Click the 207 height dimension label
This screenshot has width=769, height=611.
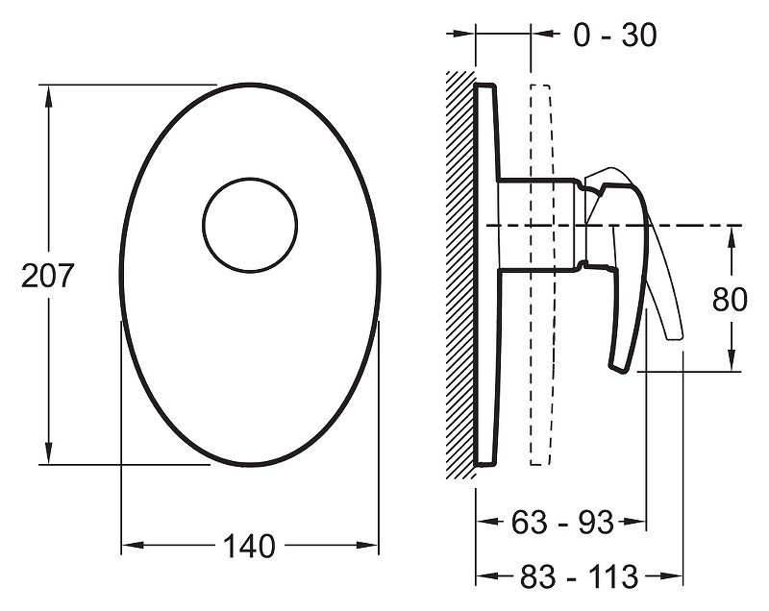(47, 276)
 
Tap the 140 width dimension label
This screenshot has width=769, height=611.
(249, 546)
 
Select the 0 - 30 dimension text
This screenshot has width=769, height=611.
(615, 36)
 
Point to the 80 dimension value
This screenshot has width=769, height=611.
(730, 300)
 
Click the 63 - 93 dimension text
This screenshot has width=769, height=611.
(562, 522)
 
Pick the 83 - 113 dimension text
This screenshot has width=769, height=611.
(580, 576)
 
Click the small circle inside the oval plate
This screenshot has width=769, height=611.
(250, 225)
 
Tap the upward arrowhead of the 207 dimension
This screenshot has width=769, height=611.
(48, 96)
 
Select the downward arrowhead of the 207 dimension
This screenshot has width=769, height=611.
(48, 452)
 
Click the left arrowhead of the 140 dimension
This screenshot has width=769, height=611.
(133, 545)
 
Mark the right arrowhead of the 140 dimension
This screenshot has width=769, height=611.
(367, 545)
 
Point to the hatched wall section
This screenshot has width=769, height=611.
(460, 276)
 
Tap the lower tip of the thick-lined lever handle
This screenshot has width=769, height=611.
(617, 369)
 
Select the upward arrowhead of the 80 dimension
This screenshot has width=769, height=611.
(732, 237)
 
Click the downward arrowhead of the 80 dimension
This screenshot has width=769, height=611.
(732, 359)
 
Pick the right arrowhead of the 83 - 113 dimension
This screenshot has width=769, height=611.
(672, 575)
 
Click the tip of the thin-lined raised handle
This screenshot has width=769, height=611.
(675, 336)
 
